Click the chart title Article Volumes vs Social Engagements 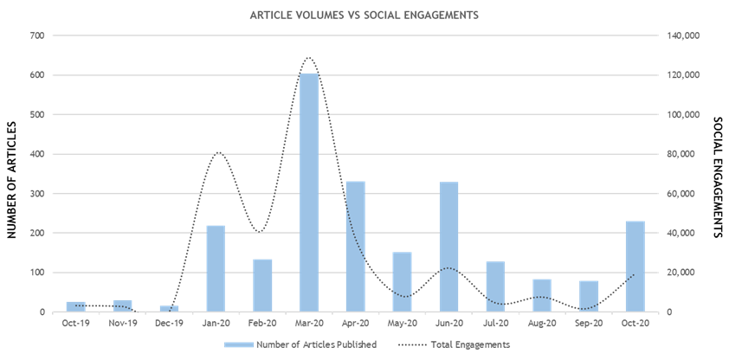click(x=364, y=16)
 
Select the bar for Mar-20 click(x=309, y=192)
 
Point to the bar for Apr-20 click(x=356, y=247)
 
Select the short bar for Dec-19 click(x=169, y=308)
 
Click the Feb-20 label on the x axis click(x=262, y=323)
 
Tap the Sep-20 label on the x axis click(x=589, y=323)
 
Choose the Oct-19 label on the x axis click(x=75, y=323)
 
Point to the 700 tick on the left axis click(x=36, y=35)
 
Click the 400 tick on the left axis click(x=36, y=154)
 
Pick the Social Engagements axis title click(x=717, y=177)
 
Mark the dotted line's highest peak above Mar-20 click(x=308, y=58)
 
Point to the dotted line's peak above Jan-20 click(x=217, y=152)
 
